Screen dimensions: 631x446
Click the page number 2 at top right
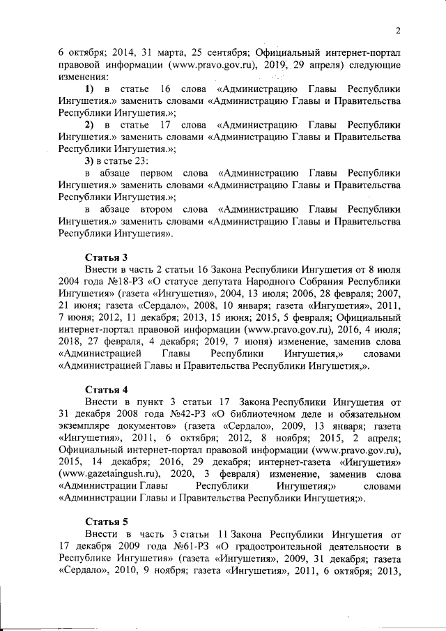397,30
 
